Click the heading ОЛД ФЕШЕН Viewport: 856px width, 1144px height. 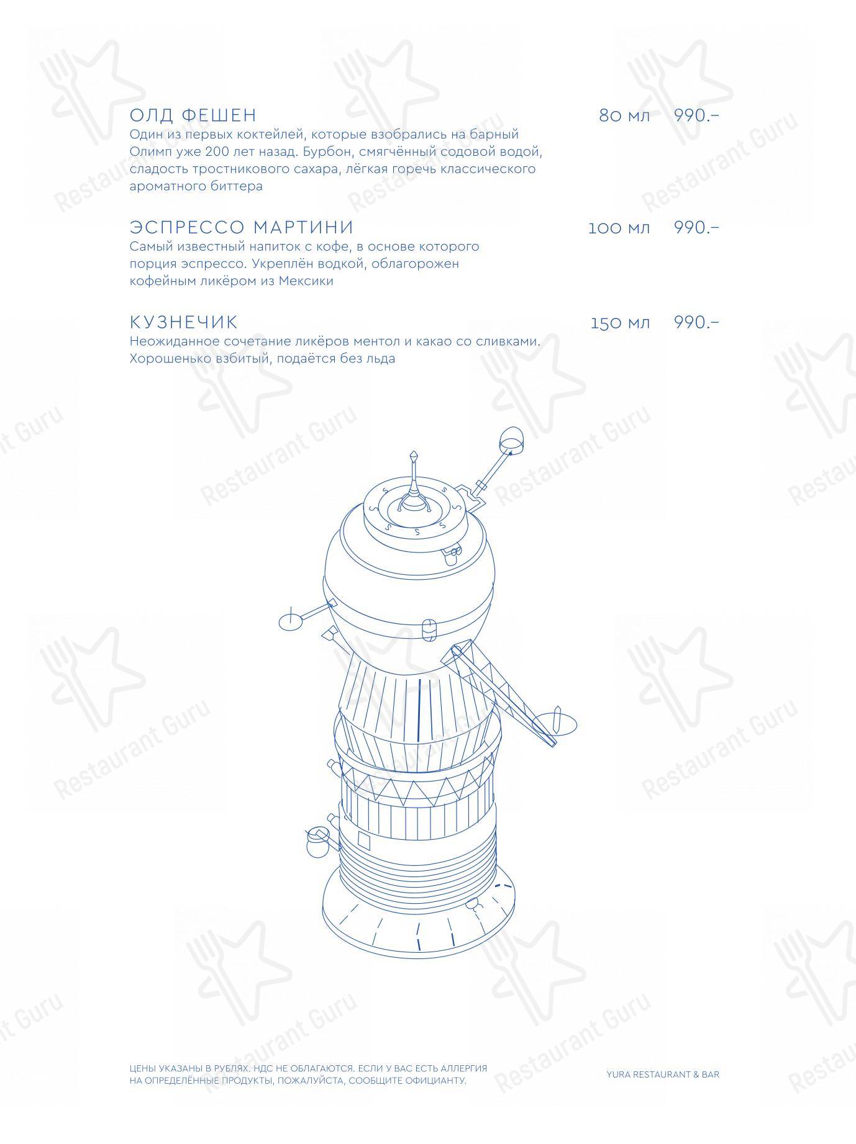tap(193, 115)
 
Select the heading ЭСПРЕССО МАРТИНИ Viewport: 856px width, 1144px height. tap(242, 227)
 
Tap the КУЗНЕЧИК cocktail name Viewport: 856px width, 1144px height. tap(184, 322)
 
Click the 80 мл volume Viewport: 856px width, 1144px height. tap(624, 116)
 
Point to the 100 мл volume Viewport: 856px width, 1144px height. tap(619, 228)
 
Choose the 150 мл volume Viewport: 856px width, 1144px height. tap(621, 323)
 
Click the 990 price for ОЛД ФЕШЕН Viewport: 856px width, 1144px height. tap(696, 115)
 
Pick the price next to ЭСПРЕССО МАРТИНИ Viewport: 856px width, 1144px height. tap(696, 227)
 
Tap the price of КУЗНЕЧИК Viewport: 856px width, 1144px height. tap(696, 322)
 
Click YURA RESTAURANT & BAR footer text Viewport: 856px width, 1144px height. tap(663, 1074)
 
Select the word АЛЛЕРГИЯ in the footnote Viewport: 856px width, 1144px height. tap(463, 1069)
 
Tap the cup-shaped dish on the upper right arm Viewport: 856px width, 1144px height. tap(511, 438)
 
